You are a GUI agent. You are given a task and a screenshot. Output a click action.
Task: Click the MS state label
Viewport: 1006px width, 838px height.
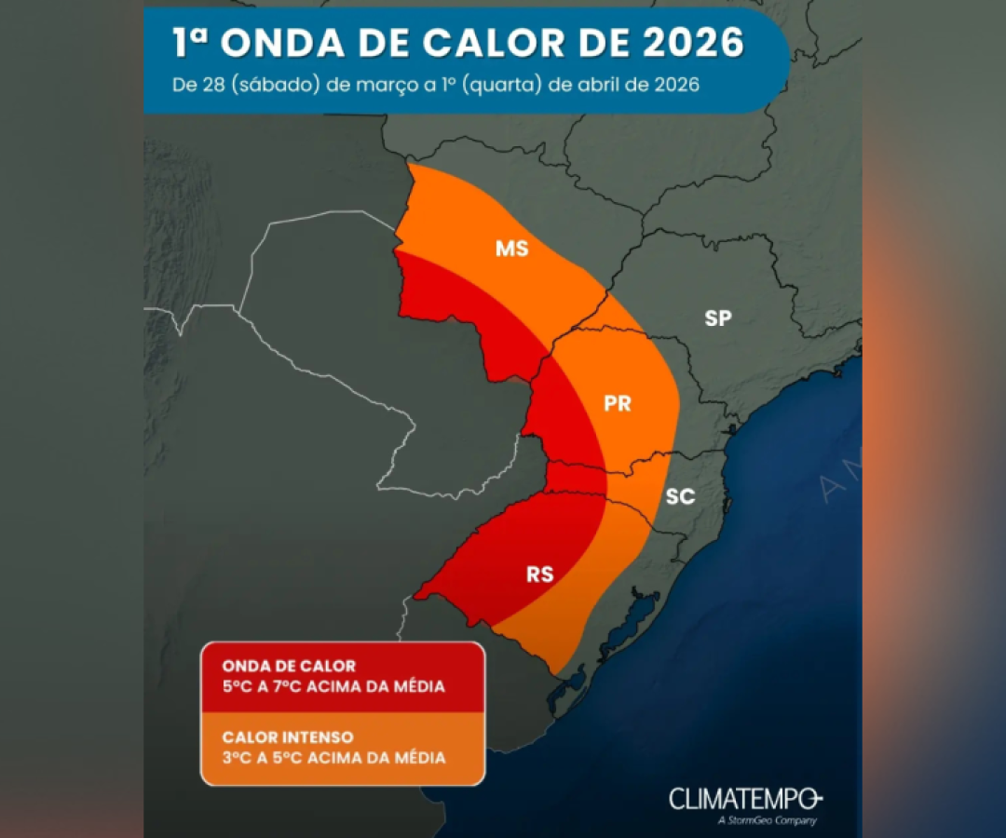tap(512, 249)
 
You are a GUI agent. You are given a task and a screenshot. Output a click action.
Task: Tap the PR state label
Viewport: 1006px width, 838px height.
tap(618, 403)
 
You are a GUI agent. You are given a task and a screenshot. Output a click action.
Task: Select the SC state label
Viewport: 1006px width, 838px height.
tap(680, 496)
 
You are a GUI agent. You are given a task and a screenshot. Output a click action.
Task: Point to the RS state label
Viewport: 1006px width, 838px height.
tap(539, 574)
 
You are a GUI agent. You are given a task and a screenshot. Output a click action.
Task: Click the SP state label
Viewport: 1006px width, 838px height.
tap(717, 318)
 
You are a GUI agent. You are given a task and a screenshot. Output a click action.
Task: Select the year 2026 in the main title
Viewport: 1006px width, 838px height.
tap(689, 43)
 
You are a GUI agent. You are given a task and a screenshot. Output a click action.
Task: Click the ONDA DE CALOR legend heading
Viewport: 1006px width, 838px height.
tap(289, 667)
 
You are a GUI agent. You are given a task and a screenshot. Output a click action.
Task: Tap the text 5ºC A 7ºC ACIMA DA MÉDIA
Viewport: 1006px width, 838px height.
tap(333, 687)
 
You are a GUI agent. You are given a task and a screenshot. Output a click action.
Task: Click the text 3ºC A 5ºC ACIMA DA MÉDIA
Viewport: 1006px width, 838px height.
tap(333, 758)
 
